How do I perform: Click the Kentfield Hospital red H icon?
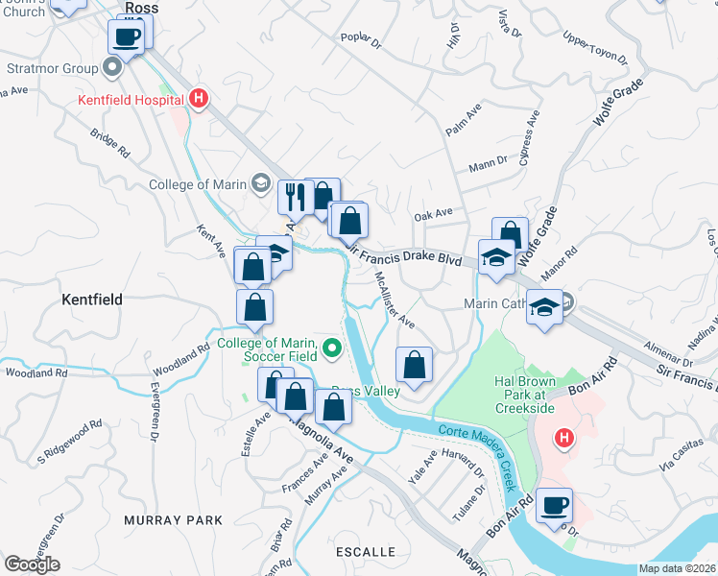pos(198,98)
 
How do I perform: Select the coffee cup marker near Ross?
pos(127,37)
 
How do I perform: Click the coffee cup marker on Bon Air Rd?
pos(554,505)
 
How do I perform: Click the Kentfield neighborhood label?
pos(92,300)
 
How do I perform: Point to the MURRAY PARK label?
pos(173,520)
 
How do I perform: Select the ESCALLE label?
pos(366,552)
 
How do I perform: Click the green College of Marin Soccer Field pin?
pos(332,348)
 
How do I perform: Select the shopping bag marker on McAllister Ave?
pos(414,366)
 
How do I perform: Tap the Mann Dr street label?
pos(489,165)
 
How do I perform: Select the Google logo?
pos(32,564)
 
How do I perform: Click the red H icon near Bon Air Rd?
pos(564,439)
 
